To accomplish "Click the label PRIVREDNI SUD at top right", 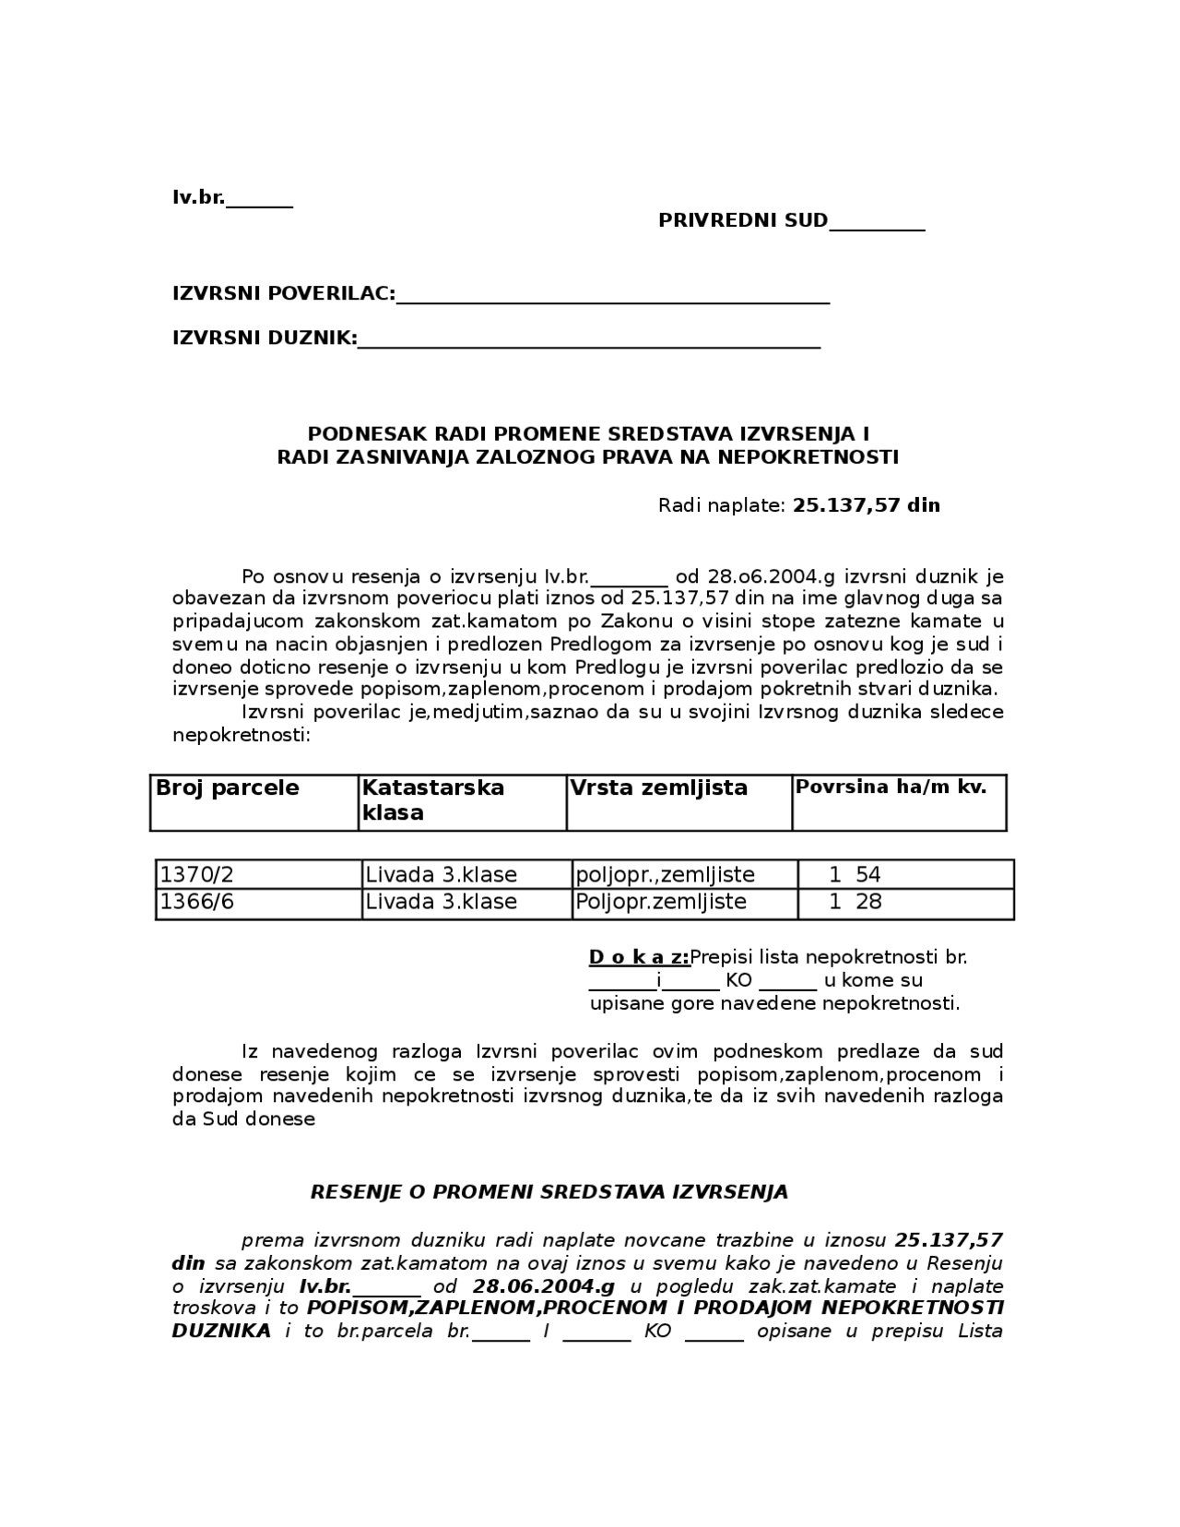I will point(742,221).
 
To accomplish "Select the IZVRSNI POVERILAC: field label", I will point(284,294).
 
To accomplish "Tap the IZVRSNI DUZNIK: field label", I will point(265,338).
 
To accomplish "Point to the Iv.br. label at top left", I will point(198,197).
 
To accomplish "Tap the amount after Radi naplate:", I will point(866,505).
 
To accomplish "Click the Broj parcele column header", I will point(228,788).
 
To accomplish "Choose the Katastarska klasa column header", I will point(432,800).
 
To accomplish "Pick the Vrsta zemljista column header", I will point(658,788).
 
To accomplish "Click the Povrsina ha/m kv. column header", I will point(891,787).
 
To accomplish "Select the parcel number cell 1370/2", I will point(197,875).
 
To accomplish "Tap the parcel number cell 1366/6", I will point(197,902).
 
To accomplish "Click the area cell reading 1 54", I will point(855,875).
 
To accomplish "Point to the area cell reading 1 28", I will point(855,902).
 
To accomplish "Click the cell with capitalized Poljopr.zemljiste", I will point(661,902).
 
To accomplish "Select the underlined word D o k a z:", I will point(639,957).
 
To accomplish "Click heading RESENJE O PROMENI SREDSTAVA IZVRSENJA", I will point(549,1192).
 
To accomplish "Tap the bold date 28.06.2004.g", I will point(543,1286).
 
